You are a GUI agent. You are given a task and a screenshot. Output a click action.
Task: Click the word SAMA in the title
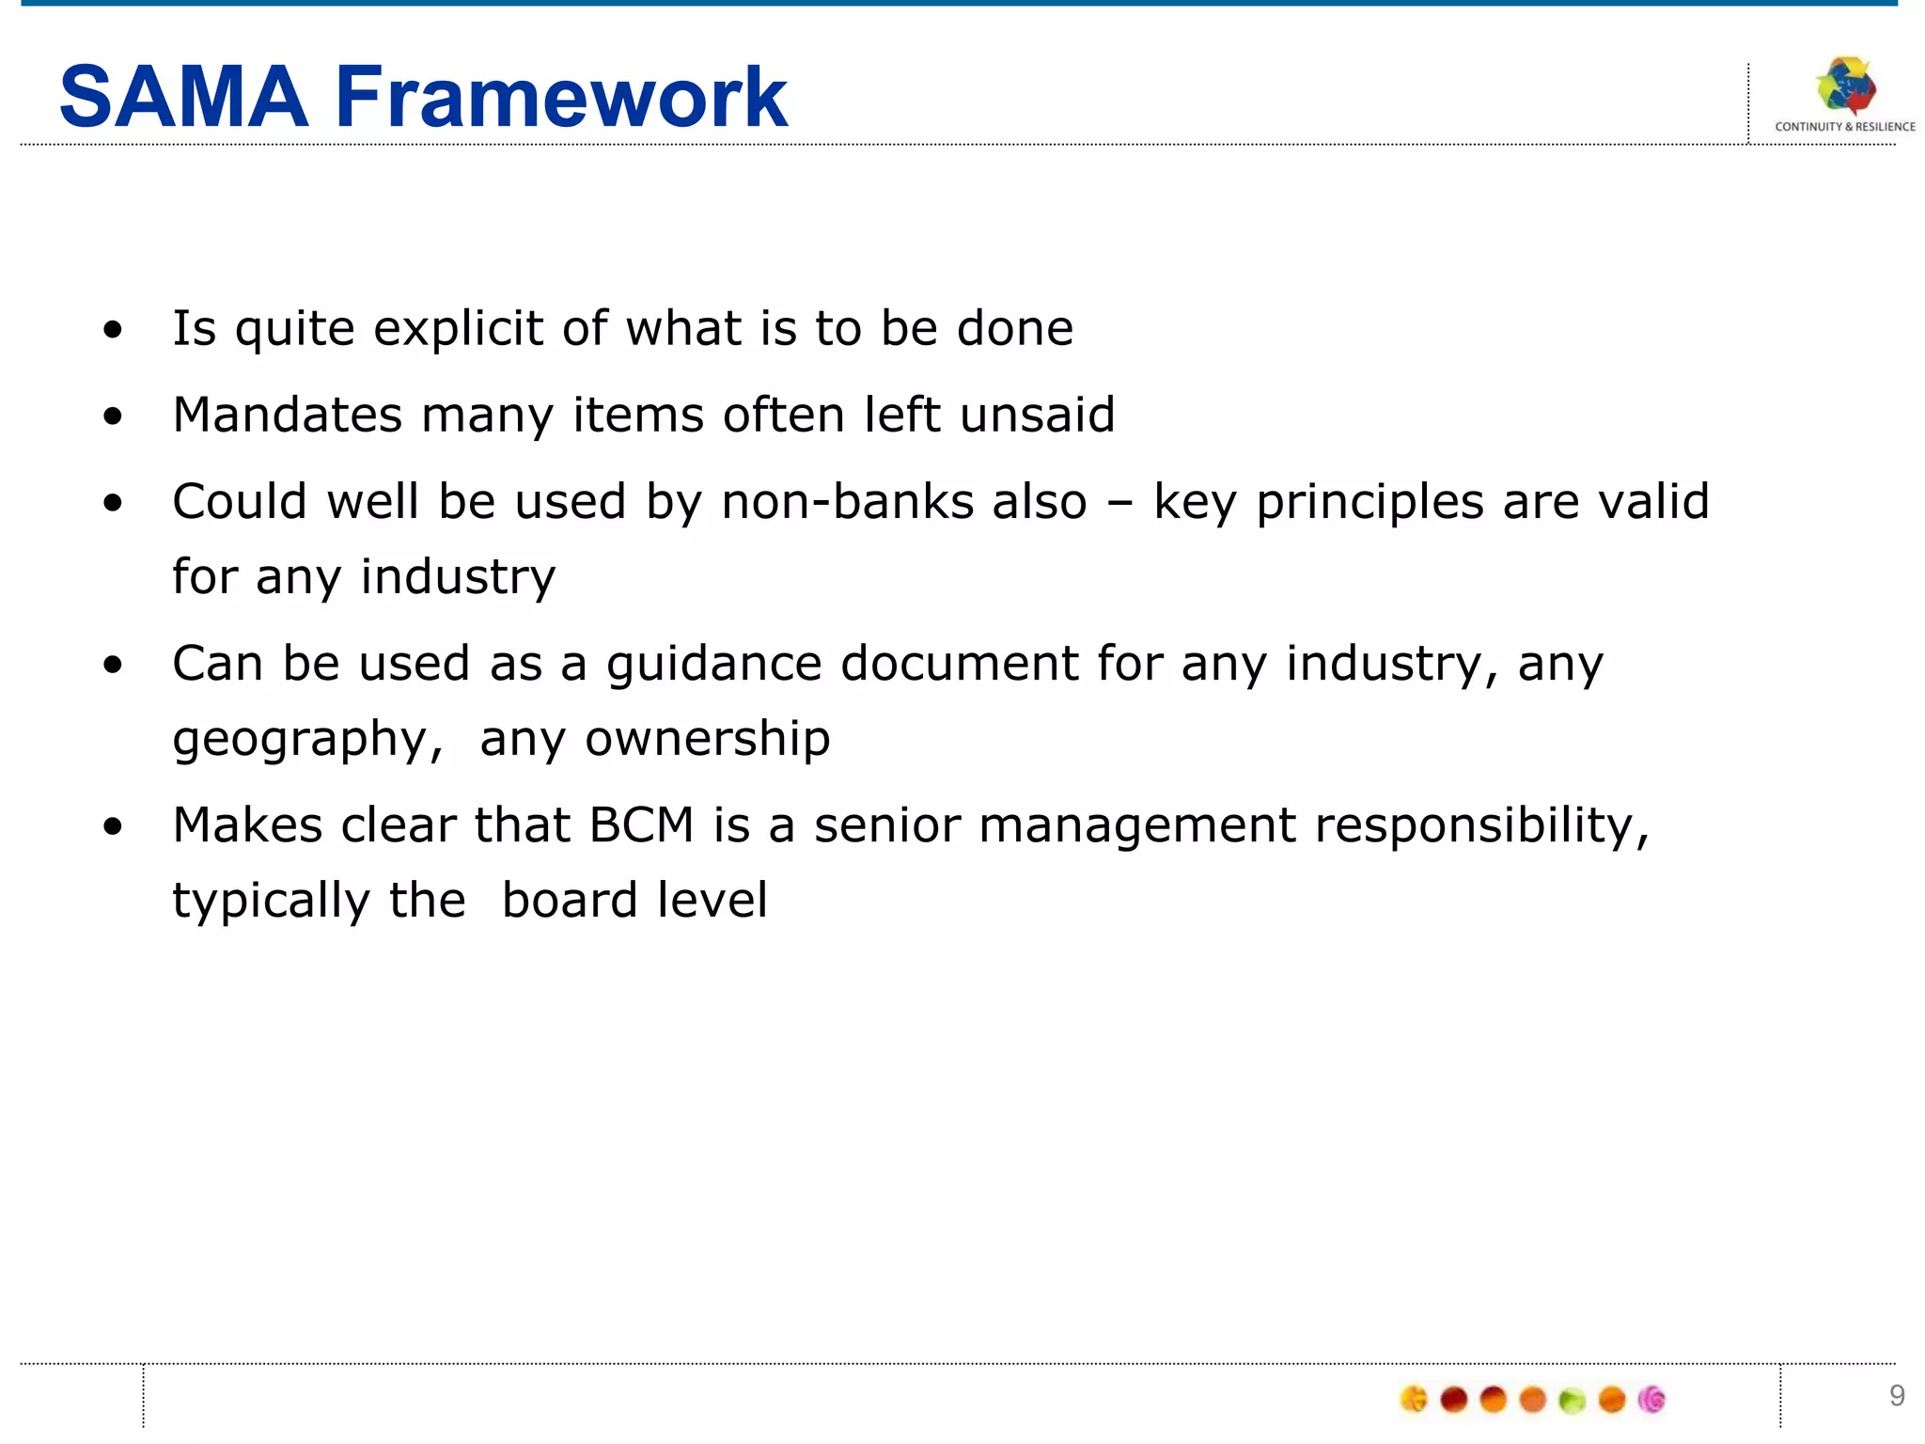pyautogui.click(x=183, y=97)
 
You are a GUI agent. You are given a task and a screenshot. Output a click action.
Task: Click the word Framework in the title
pyautogui.click(x=561, y=97)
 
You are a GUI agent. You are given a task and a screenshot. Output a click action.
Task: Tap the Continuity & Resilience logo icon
pyautogui.click(x=1845, y=87)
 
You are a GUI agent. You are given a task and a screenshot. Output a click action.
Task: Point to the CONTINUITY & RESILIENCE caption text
pyautogui.click(x=1844, y=127)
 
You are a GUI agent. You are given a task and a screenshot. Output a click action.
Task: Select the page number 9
pyautogui.click(x=1897, y=1396)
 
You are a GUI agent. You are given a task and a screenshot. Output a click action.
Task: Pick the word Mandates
pyautogui.click(x=288, y=415)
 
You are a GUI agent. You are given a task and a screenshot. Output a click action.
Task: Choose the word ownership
pyautogui.click(x=708, y=738)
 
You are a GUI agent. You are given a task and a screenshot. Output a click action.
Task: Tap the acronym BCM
pyautogui.click(x=641, y=825)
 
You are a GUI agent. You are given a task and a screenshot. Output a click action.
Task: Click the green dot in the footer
pyautogui.click(x=1572, y=1401)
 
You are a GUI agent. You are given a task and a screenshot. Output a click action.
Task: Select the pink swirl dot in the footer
pyautogui.click(x=1651, y=1400)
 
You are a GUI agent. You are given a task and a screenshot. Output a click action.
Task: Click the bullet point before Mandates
pyautogui.click(x=114, y=416)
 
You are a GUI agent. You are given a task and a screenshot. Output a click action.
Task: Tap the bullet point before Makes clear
pyautogui.click(x=114, y=826)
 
